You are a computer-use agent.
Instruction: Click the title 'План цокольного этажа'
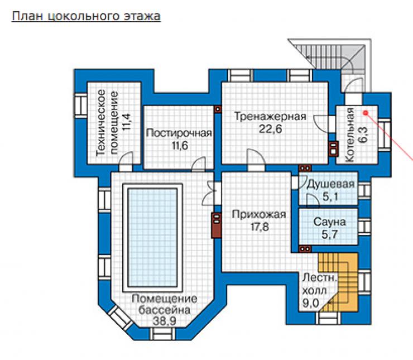pyautogui.click(x=86, y=16)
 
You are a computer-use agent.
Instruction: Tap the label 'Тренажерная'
pyautogui.click(x=270, y=117)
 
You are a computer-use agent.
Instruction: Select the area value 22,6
pyautogui.click(x=270, y=129)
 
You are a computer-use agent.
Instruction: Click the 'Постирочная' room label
pyautogui.click(x=179, y=133)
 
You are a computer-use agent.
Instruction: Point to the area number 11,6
pyautogui.click(x=180, y=145)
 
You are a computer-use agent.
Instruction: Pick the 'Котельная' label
pyautogui.click(x=350, y=135)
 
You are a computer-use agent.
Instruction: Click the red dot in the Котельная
pyautogui.click(x=366, y=113)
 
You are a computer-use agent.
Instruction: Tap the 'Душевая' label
pyautogui.click(x=330, y=184)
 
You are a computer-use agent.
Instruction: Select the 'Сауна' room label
pyautogui.click(x=329, y=222)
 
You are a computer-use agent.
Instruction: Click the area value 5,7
pyautogui.click(x=329, y=234)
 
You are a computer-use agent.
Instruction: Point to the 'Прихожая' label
pyautogui.click(x=259, y=214)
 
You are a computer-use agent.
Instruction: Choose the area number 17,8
pyautogui.click(x=260, y=227)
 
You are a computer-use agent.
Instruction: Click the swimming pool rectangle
pyautogui.click(x=152, y=238)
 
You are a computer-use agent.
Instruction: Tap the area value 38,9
pyautogui.click(x=164, y=321)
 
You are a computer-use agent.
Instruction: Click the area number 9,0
pyautogui.click(x=310, y=303)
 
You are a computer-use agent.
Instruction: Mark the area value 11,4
pyautogui.click(x=127, y=122)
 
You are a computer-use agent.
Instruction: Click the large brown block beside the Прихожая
pyautogui.click(x=217, y=225)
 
